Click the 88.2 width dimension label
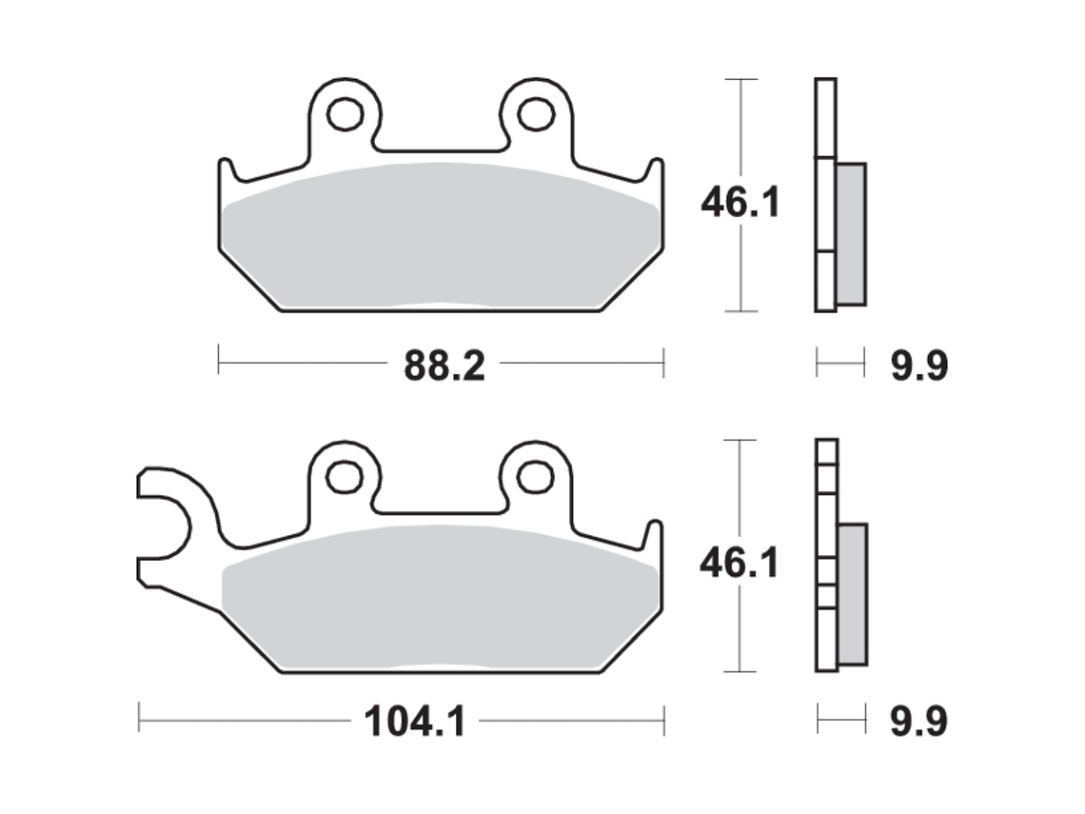(444, 365)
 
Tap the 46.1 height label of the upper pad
(740, 202)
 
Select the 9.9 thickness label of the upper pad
(917, 366)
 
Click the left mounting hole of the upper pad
(345, 114)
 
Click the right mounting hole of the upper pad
(537, 114)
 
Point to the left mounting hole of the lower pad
(345, 474)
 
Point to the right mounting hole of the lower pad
(537, 474)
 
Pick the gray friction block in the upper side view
(851, 234)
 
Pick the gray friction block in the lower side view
(852, 594)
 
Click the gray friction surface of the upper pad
(438, 238)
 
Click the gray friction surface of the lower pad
(438, 600)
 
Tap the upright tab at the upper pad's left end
(227, 172)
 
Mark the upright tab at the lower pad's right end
(654, 534)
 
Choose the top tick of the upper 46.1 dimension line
(740, 79)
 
